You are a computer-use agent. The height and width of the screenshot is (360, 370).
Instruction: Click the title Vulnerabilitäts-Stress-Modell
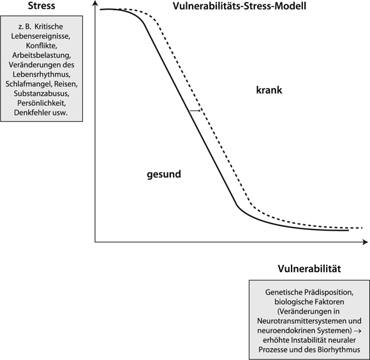pyautogui.click(x=239, y=6)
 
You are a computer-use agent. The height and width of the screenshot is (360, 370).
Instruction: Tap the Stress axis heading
pyautogui.click(x=41, y=6)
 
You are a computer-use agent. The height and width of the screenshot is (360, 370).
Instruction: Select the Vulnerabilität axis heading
pyautogui.click(x=309, y=268)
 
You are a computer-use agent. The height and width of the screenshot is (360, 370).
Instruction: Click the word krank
pyautogui.click(x=269, y=90)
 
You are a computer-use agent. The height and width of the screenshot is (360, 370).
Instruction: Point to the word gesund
pyautogui.click(x=164, y=175)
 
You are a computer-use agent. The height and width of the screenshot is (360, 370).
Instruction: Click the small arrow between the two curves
pyautogui.click(x=195, y=110)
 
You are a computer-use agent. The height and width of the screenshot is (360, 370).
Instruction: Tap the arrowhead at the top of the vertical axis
pyautogui.click(x=95, y=3)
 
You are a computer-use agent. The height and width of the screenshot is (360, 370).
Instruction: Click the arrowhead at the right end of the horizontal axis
pyautogui.click(x=365, y=242)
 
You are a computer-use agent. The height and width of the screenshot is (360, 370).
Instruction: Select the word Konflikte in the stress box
pyautogui.click(x=41, y=45)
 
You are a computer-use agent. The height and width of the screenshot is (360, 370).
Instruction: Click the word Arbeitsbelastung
pyautogui.click(x=41, y=55)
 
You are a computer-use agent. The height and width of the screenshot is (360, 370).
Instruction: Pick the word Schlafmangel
pyautogui.click(x=29, y=84)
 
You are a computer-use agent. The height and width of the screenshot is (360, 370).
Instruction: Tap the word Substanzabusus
pyautogui.click(x=41, y=94)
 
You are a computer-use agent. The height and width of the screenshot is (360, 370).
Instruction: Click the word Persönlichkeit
pyautogui.click(x=41, y=103)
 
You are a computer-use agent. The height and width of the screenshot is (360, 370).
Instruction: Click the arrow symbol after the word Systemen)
pyautogui.click(x=358, y=331)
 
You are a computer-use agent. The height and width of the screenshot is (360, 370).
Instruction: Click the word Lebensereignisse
pyautogui.click(x=41, y=36)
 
